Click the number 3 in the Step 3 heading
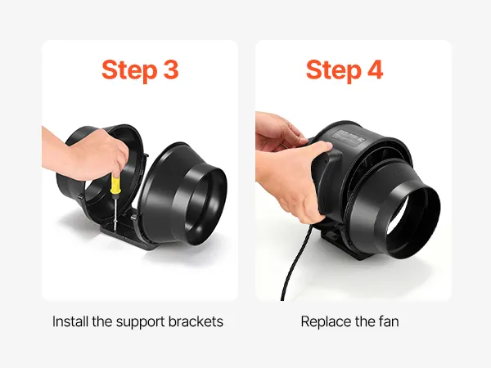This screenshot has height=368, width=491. (171, 70)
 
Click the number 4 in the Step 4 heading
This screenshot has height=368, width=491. (375, 70)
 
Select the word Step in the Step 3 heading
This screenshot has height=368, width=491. (129, 71)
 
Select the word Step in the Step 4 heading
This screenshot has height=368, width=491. (333, 71)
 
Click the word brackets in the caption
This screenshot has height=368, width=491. (196, 321)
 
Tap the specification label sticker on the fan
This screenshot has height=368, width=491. (348, 137)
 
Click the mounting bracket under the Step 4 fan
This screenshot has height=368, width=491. (337, 240)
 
